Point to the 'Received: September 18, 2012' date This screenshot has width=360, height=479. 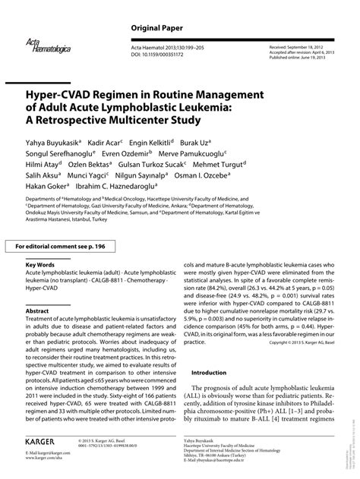point(301,47)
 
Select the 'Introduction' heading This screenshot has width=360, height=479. point(209,373)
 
